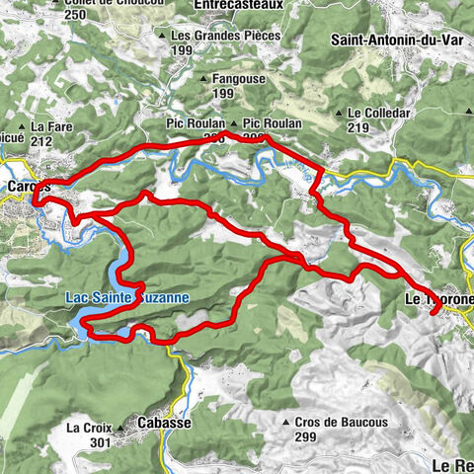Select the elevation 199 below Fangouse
coord(224,94)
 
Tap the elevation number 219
coord(358,126)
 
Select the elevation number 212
coord(40,140)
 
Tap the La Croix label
coord(87,429)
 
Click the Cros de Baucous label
coord(342,422)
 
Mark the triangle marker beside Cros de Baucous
coord(286,422)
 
